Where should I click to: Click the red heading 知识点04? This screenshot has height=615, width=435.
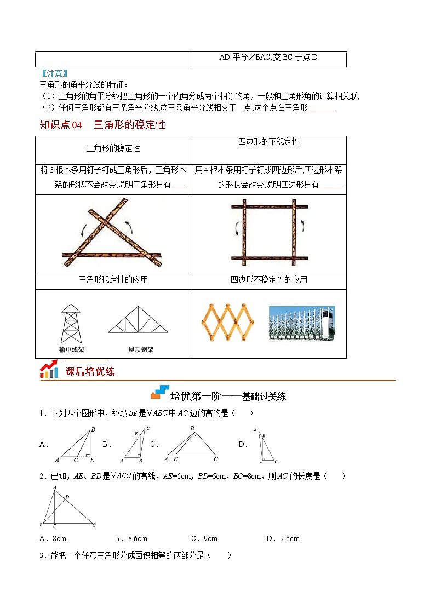pos(61,125)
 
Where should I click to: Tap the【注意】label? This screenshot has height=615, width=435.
pos(54,73)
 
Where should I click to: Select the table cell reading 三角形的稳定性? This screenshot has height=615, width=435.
pos(113,148)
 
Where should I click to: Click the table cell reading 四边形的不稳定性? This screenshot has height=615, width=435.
pos(268,142)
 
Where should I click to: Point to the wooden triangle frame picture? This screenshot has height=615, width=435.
pos(112,234)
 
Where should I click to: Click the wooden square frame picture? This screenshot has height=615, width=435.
pos(268,234)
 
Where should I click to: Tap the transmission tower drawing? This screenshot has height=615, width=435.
pos(71,324)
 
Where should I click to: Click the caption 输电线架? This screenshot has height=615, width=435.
pos(71,349)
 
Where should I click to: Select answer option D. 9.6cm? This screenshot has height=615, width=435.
pos(283,538)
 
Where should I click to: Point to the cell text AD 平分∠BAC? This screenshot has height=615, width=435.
pos(268,58)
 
